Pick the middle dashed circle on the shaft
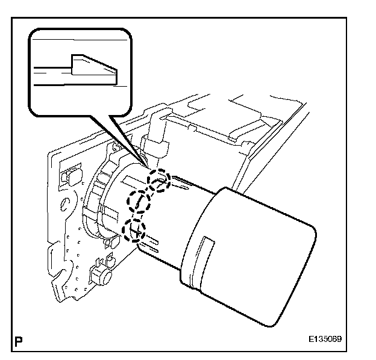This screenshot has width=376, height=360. tap(138, 201)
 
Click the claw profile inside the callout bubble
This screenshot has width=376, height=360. tap(93, 67)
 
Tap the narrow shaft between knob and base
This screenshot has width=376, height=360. tap(169, 223)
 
